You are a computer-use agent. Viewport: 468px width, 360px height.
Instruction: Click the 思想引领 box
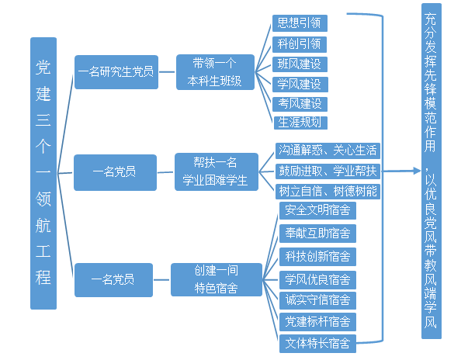[299, 22]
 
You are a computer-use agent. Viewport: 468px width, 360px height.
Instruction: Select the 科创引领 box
[299, 43]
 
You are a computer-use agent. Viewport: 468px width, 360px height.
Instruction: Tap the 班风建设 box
[299, 64]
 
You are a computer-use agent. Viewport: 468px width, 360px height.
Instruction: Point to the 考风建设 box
[299, 103]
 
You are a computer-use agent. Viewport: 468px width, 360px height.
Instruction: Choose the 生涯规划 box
[299, 123]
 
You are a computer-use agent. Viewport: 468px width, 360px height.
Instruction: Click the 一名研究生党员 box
[116, 71]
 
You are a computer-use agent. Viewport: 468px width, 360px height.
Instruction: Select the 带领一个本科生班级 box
[215, 71]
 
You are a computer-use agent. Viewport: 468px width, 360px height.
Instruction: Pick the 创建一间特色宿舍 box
[215, 279]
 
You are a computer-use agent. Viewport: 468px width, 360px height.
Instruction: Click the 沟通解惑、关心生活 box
[327, 151]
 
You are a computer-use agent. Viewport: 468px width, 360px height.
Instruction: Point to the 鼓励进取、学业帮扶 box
[327, 171]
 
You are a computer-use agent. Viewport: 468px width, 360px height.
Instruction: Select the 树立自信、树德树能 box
[327, 191]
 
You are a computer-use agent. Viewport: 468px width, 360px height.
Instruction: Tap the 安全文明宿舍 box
[317, 210]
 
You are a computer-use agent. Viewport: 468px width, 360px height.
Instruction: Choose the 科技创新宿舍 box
[317, 256]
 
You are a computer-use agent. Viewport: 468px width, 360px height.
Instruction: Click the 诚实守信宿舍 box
[317, 299]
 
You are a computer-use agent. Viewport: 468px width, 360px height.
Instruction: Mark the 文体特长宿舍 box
[317, 342]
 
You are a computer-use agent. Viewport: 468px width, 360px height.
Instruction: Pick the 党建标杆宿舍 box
[317, 321]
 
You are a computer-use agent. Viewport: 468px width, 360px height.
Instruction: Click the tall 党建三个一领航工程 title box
[43, 173]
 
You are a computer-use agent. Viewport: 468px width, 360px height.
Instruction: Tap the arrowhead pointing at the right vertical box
[413, 171]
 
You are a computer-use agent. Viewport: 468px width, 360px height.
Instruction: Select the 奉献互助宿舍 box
[317, 233]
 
